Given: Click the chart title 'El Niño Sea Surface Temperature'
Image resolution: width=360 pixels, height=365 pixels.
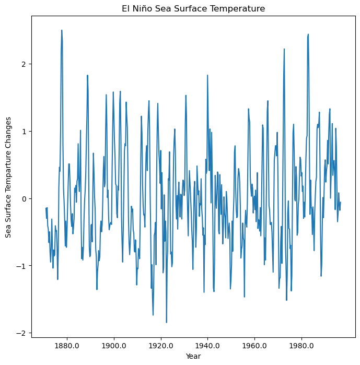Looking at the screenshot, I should (x=194, y=9).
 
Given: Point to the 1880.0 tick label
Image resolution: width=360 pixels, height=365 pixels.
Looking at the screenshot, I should (x=66, y=346).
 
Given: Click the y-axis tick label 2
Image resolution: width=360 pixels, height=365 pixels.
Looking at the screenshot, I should (x=24, y=64).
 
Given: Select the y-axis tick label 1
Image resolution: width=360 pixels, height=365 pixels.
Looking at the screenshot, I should (x=24, y=132).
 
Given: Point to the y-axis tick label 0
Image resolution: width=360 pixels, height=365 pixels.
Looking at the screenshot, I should (x=24, y=199).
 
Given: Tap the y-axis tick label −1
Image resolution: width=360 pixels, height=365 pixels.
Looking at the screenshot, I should (x=21, y=266).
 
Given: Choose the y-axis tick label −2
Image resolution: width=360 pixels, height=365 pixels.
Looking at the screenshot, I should (x=21, y=333).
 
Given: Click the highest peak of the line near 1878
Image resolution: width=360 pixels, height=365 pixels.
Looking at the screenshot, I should (x=62, y=30).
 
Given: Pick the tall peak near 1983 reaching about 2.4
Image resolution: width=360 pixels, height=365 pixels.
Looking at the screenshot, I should (x=308, y=34).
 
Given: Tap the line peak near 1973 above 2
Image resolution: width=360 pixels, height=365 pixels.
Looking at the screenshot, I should (x=284, y=49).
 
